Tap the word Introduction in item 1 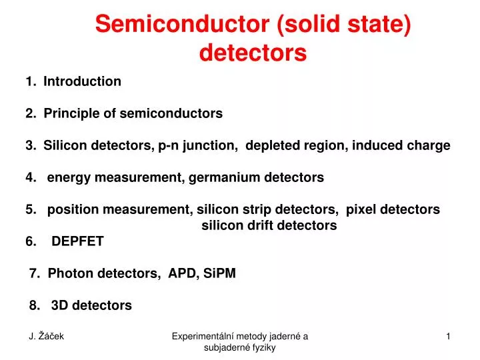tap(82, 82)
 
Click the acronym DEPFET tap(77, 242)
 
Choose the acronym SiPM tap(220, 273)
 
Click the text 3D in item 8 tap(59, 305)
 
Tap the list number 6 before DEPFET tap(31, 242)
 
